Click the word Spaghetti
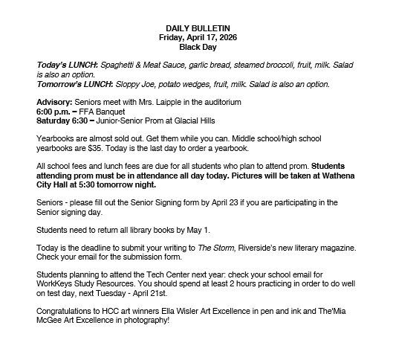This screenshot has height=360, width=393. coord(122,65)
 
